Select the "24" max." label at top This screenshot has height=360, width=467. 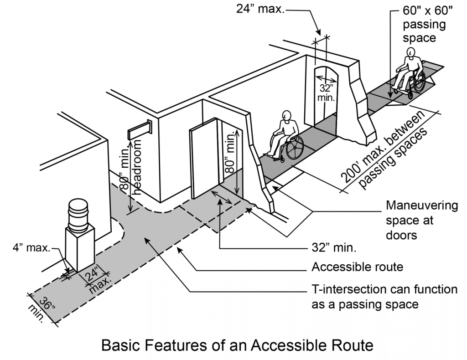(260, 9)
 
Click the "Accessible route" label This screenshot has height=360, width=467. (357, 267)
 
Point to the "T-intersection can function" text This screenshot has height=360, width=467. (384, 289)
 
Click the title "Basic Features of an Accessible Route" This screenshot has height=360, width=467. (237, 345)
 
